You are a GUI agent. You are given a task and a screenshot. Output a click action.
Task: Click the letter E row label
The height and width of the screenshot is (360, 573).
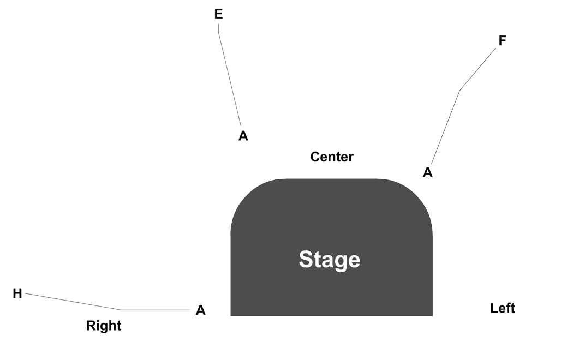[218, 14]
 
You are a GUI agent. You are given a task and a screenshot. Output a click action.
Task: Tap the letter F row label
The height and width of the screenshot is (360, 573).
[503, 40]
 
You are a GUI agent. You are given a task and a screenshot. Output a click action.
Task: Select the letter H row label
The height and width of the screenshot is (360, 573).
[17, 293]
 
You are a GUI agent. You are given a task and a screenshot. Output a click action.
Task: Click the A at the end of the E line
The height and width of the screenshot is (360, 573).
[243, 136]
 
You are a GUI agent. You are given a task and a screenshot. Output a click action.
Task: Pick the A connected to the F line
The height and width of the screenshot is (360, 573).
[427, 172]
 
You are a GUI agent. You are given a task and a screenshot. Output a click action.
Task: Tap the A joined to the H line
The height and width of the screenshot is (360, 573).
[201, 310]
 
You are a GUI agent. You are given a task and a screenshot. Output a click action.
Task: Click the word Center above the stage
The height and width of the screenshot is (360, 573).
[332, 157]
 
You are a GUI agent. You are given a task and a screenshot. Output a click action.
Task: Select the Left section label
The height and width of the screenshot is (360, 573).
[503, 308]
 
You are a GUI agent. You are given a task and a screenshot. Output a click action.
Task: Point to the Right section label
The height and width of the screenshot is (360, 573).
[104, 325]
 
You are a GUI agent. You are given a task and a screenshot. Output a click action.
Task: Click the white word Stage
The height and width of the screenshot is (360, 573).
[330, 260]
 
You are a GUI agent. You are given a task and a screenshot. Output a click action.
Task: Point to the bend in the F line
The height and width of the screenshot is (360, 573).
[459, 91]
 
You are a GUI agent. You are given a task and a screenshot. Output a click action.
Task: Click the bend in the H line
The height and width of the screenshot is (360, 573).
[121, 310]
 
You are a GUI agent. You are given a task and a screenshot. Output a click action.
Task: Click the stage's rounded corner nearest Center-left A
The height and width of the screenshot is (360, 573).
[247, 195]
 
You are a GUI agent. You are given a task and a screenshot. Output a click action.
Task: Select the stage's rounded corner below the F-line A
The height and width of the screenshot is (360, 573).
[416, 195]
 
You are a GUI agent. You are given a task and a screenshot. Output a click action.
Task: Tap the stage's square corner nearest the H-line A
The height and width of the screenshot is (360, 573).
[231, 315]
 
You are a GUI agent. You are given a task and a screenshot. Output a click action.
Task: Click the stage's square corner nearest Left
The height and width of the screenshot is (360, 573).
[432, 315]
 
